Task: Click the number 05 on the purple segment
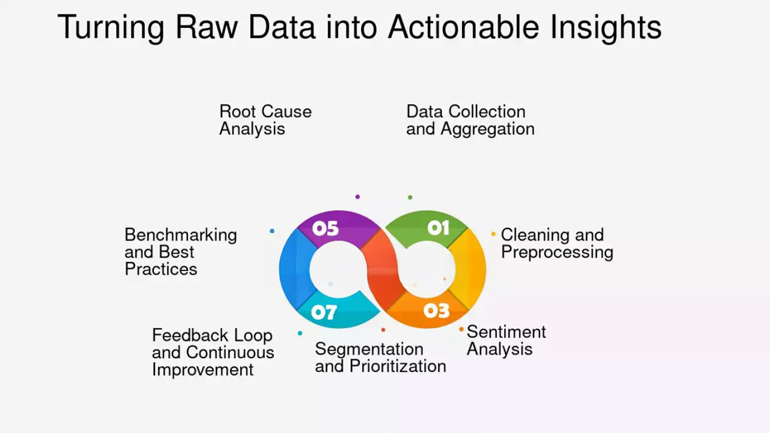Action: (x=325, y=228)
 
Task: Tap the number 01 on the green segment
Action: (x=438, y=228)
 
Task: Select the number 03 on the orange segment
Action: (x=436, y=311)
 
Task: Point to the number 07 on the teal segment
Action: (x=324, y=312)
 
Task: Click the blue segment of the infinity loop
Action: (x=294, y=270)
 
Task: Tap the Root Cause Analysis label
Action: (x=265, y=120)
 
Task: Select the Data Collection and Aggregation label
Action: (x=470, y=120)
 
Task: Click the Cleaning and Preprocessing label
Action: (x=557, y=243)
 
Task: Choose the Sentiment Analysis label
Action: (x=506, y=340)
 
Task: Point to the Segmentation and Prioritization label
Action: (x=381, y=358)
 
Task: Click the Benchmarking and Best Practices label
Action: (x=181, y=252)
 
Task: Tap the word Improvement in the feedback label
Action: (x=203, y=370)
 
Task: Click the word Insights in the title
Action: (x=606, y=27)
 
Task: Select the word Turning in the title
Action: (x=111, y=27)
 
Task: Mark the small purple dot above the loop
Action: (x=358, y=197)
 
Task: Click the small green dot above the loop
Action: (x=410, y=197)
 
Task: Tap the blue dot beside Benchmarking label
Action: (x=272, y=231)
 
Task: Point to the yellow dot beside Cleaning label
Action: (x=493, y=234)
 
